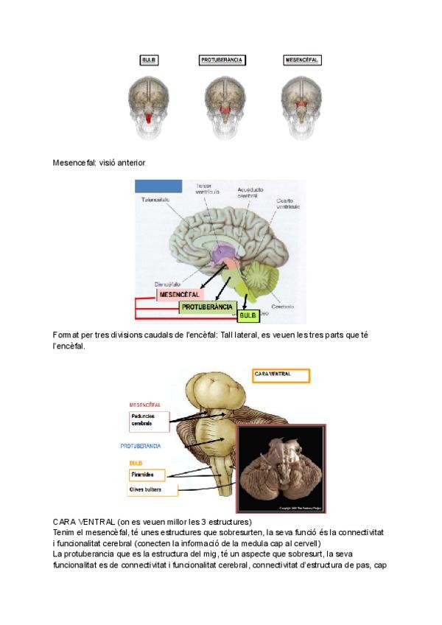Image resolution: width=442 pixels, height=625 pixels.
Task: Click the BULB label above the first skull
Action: (x=147, y=60)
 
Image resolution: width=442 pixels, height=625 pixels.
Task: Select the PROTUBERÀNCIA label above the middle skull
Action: (x=222, y=60)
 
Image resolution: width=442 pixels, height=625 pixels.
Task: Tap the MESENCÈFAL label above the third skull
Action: (x=302, y=60)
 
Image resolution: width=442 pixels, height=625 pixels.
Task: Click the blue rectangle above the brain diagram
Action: (x=158, y=186)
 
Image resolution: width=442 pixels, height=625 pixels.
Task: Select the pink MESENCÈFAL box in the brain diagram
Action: (x=180, y=294)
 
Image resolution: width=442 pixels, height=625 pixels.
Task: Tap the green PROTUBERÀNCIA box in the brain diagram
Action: (x=207, y=307)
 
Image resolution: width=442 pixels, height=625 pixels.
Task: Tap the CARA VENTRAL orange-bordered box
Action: (x=281, y=375)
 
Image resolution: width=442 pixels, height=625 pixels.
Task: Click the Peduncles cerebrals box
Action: (x=148, y=421)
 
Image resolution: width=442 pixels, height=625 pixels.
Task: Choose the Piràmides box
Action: (x=147, y=474)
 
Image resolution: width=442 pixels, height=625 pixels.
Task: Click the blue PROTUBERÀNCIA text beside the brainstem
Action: (x=141, y=446)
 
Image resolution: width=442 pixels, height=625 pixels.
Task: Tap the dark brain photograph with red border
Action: (x=281, y=468)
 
